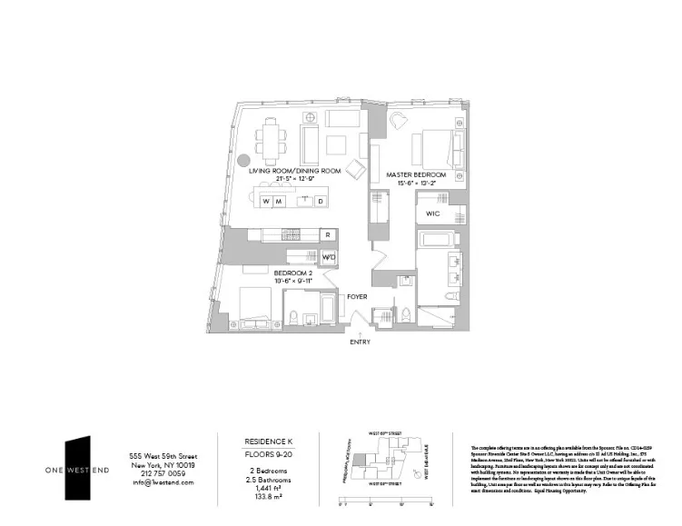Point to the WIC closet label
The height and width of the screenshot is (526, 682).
click(432, 214)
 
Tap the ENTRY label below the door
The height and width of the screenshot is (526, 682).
click(360, 342)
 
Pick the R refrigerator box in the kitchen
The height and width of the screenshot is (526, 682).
click(328, 235)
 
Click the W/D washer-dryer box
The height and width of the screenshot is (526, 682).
click(328, 257)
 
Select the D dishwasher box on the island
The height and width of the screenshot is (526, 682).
click(320, 201)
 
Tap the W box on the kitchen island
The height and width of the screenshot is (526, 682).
click(266, 201)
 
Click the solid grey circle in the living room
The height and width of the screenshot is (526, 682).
click(232, 157)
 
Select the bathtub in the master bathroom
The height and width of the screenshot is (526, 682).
click(442, 241)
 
